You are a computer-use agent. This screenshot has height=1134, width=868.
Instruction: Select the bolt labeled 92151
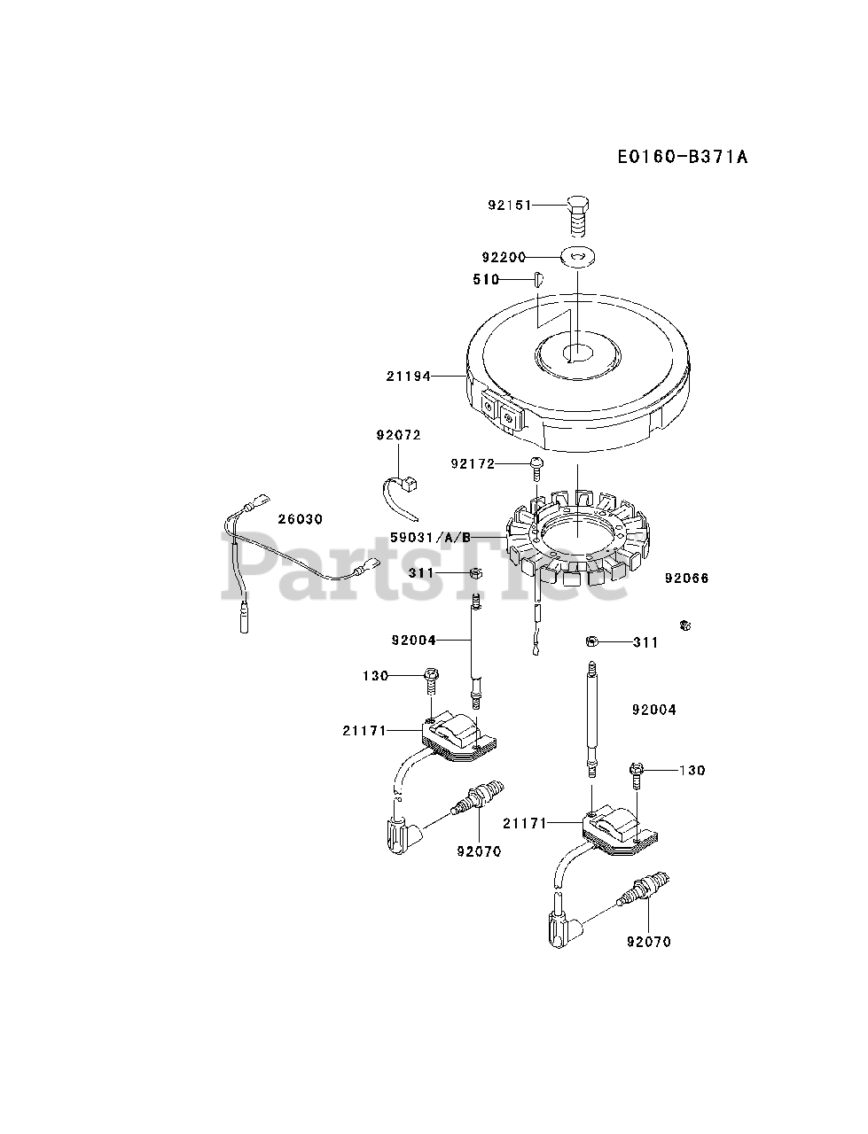pyautogui.click(x=576, y=210)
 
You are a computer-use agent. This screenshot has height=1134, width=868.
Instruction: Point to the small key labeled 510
pyautogui.click(x=537, y=279)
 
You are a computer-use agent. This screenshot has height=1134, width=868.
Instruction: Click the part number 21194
pyautogui.click(x=409, y=377)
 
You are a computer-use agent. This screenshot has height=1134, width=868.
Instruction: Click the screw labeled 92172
pyautogui.click(x=536, y=465)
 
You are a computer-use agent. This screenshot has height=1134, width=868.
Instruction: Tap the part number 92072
pyautogui.click(x=398, y=435)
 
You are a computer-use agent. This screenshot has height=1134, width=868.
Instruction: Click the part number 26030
pyautogui.click(x=301, y=519)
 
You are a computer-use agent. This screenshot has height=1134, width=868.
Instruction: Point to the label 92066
pyautogui.click(x=687, y=579)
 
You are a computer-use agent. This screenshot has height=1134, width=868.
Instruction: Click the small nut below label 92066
pyautogui.click(x=684, y=626)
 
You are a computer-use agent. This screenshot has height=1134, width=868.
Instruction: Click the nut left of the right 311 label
pyautogui.click(x=591, y=641)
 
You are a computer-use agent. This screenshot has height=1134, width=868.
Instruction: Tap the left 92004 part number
pyautogui.click(x=412, y=640)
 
